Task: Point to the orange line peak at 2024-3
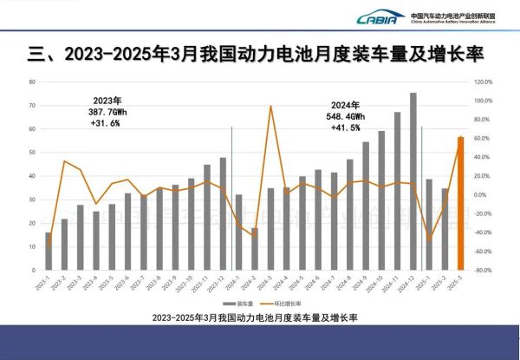[x=270, y=106]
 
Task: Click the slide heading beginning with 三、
[x=257, y=55]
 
